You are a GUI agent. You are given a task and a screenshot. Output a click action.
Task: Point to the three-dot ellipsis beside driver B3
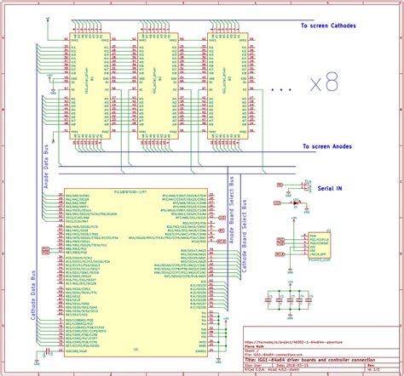pos(281,88)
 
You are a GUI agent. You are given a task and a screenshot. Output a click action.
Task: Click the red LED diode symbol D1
pos(296,202)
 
